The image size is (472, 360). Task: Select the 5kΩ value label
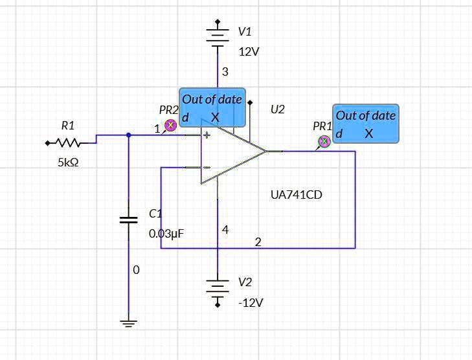pyautogui.click(x=68, y=163)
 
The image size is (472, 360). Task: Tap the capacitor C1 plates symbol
pyautogui.click(x=129, y=220)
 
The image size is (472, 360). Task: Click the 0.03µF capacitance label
pyautogui.click(x=166, y=234)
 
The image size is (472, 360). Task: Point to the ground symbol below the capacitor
pyautogui.click(x=129, y=322)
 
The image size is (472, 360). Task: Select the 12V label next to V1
pyautogui.click(x=249, y=52)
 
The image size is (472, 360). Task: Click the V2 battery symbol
pyautogui.click(x=218, y=289)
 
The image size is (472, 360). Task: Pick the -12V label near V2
pyautogui.click(x=251, y=302)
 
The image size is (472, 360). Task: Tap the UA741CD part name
pyautogui.click(x=296, y=194)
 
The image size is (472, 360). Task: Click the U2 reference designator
pyautogui.click(x=277, y=109)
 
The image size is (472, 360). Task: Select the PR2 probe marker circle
pyautogui.click(x=170, y=126)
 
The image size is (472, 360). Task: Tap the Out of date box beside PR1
pyautogui.click(x=365, y=124)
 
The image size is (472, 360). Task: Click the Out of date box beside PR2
pyautogui.click(x=212, y=107)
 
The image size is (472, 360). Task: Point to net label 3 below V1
pyautogui.click(x=225, y=72)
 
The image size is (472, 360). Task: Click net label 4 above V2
pyautogui.click(x=225, y=230)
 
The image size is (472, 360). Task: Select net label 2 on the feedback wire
pyautogui.click(x=258, y=242)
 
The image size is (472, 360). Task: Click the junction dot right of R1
pyautogui.click(x=129, y=135)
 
